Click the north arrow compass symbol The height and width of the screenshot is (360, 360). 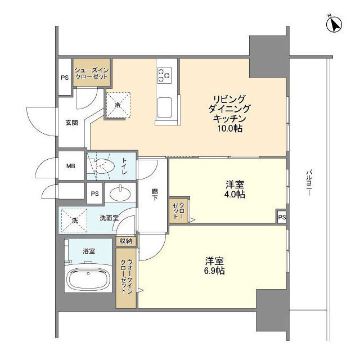tap(334, 25)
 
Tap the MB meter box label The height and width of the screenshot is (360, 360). tap(71, 166)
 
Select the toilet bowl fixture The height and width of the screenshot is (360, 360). tap(101, 166)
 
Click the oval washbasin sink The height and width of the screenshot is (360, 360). tap(120, 193)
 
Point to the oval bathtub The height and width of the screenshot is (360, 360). tap(88, 279)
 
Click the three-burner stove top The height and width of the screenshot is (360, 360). tap(164, 75)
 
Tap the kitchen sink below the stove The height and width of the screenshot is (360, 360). tap(164, 107)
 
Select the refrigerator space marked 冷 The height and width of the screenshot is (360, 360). tap(118, 105)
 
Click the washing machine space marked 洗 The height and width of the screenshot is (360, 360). tap(74, 220)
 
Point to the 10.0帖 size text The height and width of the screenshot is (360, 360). tap(230, 129)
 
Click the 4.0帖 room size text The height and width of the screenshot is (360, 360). tap(235, 195)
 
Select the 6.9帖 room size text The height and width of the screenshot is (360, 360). tap(214, 271)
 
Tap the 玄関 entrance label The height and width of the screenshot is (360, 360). tap(71, 123)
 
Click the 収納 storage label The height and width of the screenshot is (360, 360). tap(126, 241)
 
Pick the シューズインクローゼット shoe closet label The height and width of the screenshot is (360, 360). tap(92, 74)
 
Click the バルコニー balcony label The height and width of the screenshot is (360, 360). tap(309, 183)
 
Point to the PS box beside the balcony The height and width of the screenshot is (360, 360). tap(282, 217)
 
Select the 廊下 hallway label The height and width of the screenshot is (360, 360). tap(155, 195)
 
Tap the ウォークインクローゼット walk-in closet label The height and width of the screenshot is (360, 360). tap(127, 276)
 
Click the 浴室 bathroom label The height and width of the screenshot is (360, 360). tap(89, 251)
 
